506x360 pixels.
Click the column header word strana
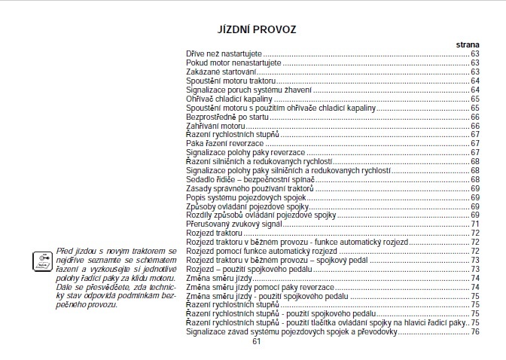point(468,45)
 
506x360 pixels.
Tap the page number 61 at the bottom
point(256,341)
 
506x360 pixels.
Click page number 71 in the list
point(475,224)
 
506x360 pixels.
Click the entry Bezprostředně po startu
point(227,117)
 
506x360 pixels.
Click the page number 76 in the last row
point(475,331)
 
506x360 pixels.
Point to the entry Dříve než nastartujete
point(225,53)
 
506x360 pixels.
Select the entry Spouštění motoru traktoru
point(231,81)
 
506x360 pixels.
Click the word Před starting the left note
point(64,249)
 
